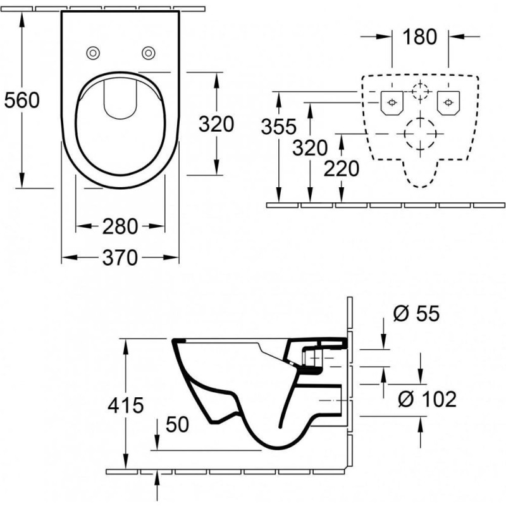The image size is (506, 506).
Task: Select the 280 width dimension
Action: point(120,226)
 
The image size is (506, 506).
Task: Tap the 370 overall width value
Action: point(120,257)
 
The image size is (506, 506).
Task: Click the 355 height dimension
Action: point(278,126)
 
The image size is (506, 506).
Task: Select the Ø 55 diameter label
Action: point(415,313)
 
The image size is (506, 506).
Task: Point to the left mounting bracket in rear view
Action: point(392,102)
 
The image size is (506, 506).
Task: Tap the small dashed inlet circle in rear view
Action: point(419,91)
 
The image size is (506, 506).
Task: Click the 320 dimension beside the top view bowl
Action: point(216,124)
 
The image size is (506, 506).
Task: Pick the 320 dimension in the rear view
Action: point(310,148)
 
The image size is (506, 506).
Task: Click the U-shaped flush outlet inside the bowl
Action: point(120,101)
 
